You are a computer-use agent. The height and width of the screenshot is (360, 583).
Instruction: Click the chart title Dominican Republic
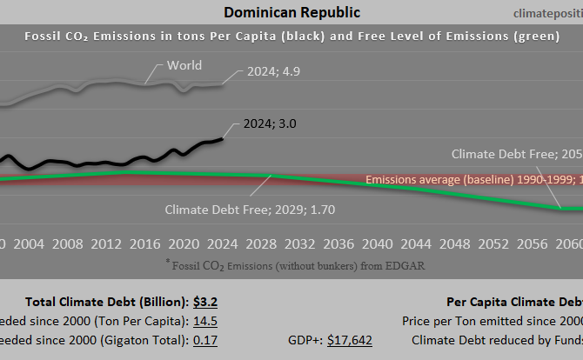point(291,12)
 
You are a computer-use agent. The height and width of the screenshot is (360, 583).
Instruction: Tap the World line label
point(184,65)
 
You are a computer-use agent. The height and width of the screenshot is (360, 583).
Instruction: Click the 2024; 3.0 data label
point(269,124)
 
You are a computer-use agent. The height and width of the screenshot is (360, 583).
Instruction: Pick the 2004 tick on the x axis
point(30,243)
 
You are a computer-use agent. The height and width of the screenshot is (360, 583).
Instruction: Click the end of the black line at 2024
point(224,137)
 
